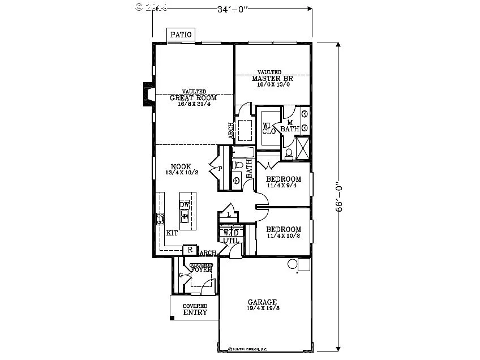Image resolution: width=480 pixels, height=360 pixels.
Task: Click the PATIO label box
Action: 182,35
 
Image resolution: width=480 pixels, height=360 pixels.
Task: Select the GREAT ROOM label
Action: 194,97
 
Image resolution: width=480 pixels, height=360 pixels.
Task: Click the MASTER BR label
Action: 269,78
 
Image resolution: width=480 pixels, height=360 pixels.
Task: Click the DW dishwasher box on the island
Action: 185,204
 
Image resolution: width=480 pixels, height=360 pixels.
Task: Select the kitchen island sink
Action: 185,216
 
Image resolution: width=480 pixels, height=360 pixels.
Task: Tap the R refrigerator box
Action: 190,250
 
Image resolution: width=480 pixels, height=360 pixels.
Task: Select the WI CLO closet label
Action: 269,128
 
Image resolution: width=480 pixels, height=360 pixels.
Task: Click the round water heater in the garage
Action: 293,264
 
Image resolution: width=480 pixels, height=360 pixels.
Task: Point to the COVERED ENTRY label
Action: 194,309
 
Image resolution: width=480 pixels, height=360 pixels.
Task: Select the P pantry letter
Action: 219,168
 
